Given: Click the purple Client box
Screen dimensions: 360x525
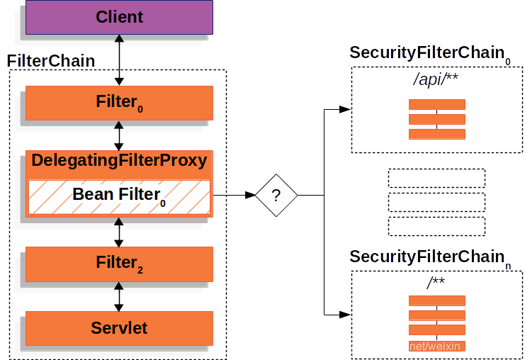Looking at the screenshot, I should pyautogui.click(x=119, y=17).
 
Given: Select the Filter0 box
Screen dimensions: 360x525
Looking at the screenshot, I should pyautogui.click(x=119, y=103).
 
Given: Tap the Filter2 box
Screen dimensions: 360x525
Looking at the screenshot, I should pyautogui.click(x=119, y=264).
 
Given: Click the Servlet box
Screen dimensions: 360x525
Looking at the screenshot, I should pyautogui.click(x=119, y=328).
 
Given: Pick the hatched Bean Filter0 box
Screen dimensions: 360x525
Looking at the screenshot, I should pyautogui.click(x=119, y=196).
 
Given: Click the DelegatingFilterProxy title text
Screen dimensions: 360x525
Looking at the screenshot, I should pyautogui.click(x=119, y=160).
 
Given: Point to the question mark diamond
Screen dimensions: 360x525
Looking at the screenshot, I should pyautogui.click(x=276, y=195).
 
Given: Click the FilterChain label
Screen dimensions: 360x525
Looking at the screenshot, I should pyautogui.click(x=51, y=61).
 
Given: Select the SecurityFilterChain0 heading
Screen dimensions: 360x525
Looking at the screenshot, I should pyautogui.click(x=429, y=54).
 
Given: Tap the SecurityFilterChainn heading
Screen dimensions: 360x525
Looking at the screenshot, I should pyautogui.click(x=429, y=257).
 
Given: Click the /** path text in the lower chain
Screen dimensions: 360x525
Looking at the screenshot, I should pyautogui.click(x=436, y=283).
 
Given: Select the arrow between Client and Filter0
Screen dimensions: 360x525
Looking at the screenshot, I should pyautogui.click(x=119, y=60).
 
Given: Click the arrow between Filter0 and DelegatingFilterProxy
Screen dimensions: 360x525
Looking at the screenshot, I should pyautogui.click(x=119, y=135).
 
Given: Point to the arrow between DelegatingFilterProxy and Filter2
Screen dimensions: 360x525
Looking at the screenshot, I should pyautogui.click(x=119, y=231).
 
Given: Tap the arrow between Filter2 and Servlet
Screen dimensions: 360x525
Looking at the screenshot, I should pyautogui.click(x=119, y=297).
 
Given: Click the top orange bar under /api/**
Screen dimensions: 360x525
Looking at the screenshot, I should pyautogui.click(x=436, y=104).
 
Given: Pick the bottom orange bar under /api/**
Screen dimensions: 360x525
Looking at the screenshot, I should pyautogui.click(x=436, y=134).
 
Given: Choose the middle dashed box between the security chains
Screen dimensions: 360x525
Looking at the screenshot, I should pyautogui.click(x=436, y=202).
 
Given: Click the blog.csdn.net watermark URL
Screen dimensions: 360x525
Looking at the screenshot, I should pyautogui.click(x=421, y=347).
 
